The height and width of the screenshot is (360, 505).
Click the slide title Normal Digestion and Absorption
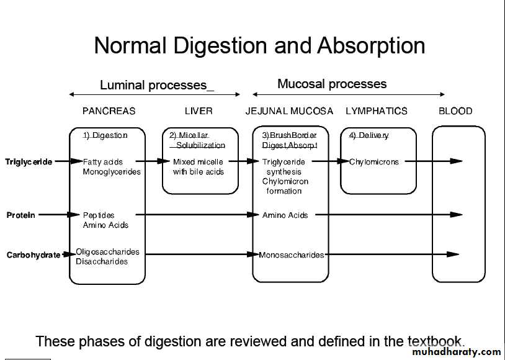click(259, 46)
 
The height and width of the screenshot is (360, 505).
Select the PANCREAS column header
click(109, 111)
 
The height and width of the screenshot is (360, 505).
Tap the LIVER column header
click(199, 111)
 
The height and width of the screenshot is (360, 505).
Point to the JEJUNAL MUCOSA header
click(289, 111)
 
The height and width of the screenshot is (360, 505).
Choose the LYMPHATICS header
click(377, 111)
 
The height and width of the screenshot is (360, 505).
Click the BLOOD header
click(455, 111)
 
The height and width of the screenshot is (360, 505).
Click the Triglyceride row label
click(29, 162)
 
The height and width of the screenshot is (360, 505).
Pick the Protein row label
click(21, 215)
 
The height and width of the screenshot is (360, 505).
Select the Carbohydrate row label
click(34, 255)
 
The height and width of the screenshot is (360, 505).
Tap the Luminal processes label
click(157, 86)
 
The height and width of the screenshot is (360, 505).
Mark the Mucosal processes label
click(332, 84)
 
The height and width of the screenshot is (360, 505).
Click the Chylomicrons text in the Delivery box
click(374, 162)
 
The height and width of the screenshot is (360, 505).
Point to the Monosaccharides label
click(292, 255)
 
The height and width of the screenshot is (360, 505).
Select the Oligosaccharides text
click(107, 252)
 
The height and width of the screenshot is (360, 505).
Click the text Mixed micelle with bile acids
click(199, 167)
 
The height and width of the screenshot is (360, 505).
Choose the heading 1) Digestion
click(105, 135)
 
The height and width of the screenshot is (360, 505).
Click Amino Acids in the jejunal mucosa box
click(285, 215)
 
